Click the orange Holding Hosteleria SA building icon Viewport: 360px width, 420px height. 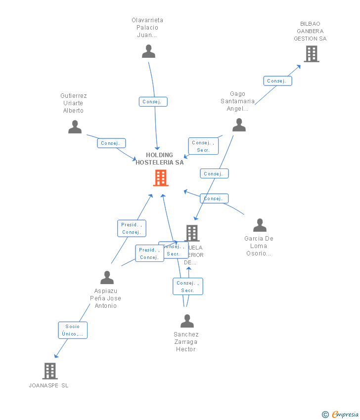point(161,178)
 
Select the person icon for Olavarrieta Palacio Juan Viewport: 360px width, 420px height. point(148,51)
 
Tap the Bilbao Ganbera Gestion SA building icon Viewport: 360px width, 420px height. point(311,54)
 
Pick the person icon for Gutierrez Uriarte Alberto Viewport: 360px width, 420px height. point(75,127)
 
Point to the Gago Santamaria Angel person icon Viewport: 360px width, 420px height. point(239,125)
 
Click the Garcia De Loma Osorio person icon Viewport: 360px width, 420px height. point(260,225)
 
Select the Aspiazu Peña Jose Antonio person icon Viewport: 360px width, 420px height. point(107,278)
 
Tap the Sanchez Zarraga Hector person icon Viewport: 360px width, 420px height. point(187,321)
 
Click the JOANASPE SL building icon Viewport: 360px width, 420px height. point(50,371)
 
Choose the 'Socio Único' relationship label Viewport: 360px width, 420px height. point(73,330)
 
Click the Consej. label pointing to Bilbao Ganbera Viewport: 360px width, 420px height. point(277,81)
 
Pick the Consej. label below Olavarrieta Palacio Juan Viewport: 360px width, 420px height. point(153,102)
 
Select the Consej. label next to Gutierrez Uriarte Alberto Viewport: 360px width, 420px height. point(111,143)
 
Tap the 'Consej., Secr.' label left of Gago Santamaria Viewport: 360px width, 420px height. point(203,146)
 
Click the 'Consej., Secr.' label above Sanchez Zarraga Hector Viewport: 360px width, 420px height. point(188,287)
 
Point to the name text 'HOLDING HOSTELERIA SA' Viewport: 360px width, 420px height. point(160,159)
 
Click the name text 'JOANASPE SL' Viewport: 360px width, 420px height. point(49,385)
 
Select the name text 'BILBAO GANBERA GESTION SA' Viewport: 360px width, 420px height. point(310,31)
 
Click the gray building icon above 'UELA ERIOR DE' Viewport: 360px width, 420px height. point(192,233)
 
